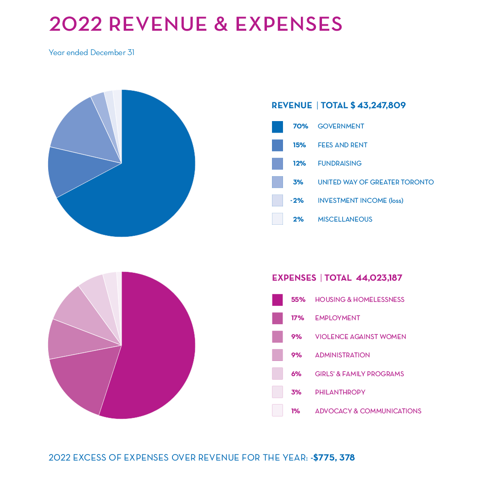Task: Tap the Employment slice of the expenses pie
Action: [x=85, y=381]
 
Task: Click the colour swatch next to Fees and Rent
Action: [x=277, y=145]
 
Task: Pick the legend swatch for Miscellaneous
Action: [x=277, y=219]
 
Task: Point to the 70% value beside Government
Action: [x=300, y=126]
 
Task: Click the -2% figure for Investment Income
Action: [x=298, y=200]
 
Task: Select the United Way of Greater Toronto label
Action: [x=375, y=182]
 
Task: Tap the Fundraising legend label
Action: [x=339, y=163]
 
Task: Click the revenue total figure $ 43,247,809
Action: [x=377, y=105]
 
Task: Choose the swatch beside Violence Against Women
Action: [x=277, y=337]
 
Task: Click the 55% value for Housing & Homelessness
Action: [x=298, y=300]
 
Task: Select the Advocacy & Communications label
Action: [x=368, y=411]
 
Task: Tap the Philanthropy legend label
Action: [x=340, y=392]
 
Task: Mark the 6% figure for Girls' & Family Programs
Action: [x=296, y=374]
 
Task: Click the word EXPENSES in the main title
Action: [x=289, y=24]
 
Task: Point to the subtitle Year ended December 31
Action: [x=91, y=53]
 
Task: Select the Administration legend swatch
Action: [x=277, y=355]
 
